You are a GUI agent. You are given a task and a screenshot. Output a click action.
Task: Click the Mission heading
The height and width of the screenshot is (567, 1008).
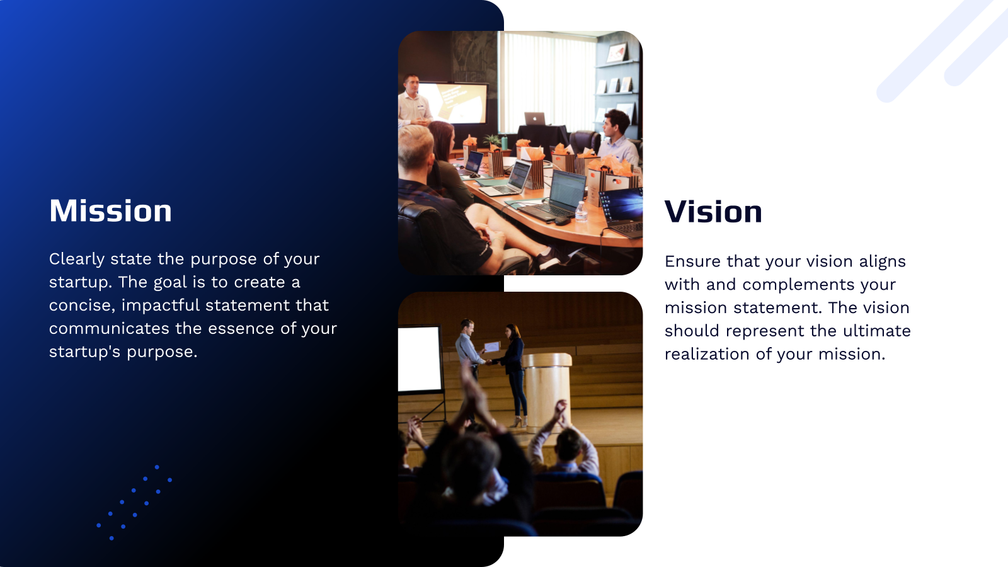[x=110, y=211]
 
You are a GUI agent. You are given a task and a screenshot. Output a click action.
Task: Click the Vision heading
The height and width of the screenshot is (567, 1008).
[x=713, y=212]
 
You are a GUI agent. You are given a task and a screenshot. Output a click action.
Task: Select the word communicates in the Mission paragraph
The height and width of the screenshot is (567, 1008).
[x=109, y=329]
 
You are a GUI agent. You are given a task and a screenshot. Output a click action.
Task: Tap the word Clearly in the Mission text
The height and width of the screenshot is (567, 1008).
[x=76, y=260]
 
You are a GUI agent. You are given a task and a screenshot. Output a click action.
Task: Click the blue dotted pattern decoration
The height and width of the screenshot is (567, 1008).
[x=134, y=502]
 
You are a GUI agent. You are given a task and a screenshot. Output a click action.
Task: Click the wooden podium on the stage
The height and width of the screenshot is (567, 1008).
[x=547, y=391]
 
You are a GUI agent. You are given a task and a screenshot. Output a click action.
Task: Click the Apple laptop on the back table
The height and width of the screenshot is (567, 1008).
[x=534, y=118]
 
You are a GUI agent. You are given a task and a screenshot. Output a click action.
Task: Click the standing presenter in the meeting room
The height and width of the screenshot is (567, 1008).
[x=413, y=101]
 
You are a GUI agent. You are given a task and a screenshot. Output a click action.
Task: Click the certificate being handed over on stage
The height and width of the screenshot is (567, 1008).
[x=491, y=346]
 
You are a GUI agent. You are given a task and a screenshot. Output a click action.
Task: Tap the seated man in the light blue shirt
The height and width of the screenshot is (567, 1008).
[x=617, y=139]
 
